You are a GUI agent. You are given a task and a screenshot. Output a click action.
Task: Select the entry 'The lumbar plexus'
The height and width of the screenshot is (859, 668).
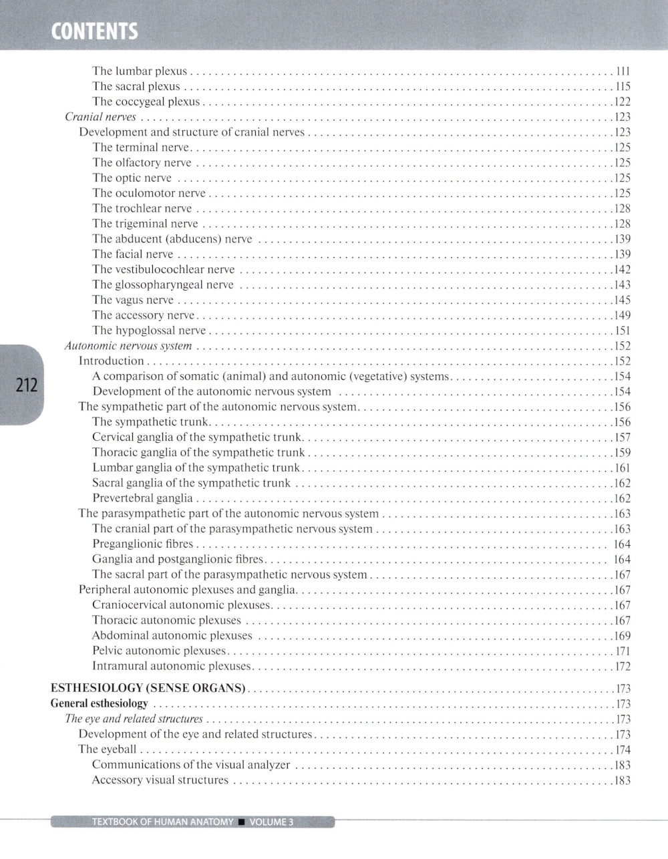point(140,71)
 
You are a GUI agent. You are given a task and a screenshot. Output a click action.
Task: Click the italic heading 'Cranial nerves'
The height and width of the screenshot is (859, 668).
point(100,117)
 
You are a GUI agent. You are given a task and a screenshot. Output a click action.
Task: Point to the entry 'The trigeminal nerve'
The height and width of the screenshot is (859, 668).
point(145,224)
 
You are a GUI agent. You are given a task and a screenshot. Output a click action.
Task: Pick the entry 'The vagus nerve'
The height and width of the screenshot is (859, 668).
point(133,300)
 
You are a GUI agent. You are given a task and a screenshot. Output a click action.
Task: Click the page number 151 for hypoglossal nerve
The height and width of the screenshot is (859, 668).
point(623,331)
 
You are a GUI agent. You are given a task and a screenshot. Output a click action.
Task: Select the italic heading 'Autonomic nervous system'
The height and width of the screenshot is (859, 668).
point(128,346)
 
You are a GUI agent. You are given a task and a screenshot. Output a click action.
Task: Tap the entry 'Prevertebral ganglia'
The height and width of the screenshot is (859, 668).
point(142,498)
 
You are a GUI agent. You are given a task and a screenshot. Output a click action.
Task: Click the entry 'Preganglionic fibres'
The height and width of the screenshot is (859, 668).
point(142,544)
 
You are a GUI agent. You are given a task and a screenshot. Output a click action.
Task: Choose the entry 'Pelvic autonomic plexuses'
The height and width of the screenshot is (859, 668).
point(159,651)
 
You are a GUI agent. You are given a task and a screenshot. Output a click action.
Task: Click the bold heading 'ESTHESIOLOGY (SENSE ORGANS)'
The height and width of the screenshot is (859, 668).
point(149,688)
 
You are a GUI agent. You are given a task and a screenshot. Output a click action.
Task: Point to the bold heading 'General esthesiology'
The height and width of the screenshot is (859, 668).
point(100,703)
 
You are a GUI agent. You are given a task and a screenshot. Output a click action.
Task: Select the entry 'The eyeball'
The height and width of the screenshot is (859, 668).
point(108,749)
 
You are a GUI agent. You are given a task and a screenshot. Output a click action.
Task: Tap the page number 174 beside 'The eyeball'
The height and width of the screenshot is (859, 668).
point(623,749)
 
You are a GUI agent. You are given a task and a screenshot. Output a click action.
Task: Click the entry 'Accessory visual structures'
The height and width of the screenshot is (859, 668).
point(160,780)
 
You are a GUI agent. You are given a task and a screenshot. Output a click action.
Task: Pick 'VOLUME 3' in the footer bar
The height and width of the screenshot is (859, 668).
point(271,822)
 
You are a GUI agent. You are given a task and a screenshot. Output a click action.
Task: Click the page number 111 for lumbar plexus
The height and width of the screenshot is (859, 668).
point(623,71)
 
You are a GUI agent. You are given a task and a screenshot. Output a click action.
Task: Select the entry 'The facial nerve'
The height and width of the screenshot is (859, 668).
point(133,254)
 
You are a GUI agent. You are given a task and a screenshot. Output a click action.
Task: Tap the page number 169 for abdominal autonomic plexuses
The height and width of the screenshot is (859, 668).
point(623,636)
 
